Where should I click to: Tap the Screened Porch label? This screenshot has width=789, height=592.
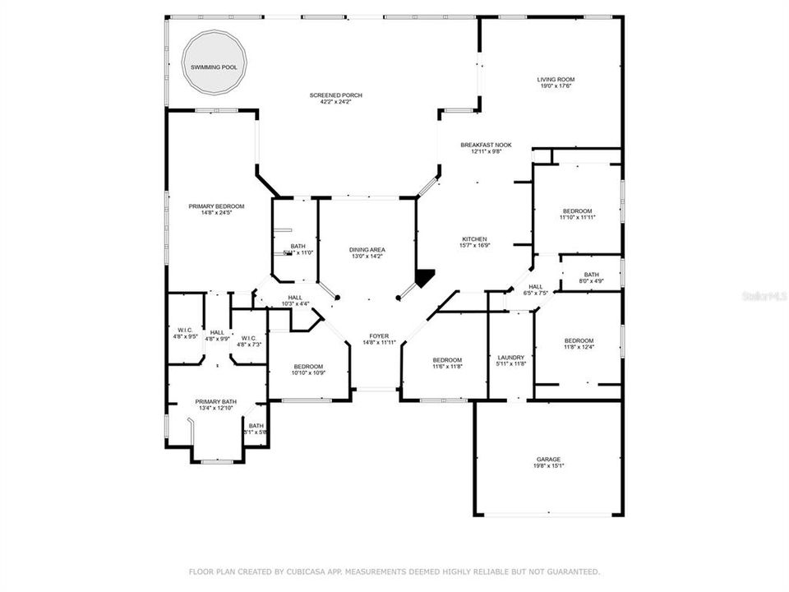point(335,95)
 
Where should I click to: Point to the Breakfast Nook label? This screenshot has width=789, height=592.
point(486,145)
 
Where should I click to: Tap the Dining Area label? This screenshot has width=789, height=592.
point(367,250)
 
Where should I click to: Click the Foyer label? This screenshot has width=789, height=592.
point(378,335)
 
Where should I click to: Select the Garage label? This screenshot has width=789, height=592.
point(548,459)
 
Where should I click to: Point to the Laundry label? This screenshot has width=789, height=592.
point(510,358)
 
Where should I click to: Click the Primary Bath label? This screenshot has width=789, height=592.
point(215,401)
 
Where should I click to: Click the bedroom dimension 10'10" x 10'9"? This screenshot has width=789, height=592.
point(308,373)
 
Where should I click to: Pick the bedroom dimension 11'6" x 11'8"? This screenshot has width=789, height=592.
point(447,367)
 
